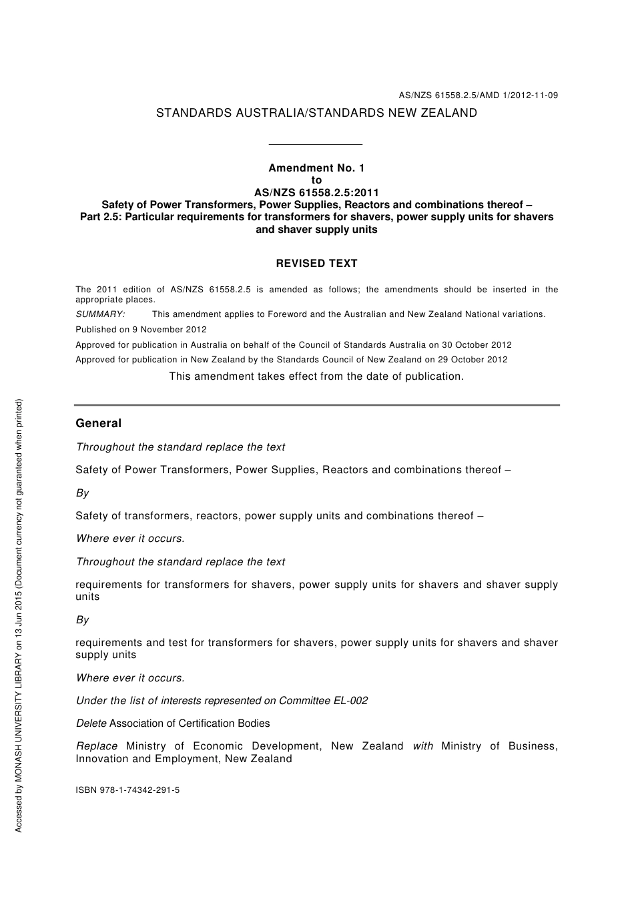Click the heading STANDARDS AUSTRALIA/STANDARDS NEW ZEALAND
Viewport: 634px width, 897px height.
316,113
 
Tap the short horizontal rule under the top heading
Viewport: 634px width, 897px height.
315,144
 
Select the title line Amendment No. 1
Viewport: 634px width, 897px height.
316,168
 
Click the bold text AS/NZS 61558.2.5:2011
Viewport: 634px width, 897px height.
316,193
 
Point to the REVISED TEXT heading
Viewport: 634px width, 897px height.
316,264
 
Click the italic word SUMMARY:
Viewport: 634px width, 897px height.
100,314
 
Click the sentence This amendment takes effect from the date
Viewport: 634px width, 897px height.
316,376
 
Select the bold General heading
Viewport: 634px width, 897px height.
99,423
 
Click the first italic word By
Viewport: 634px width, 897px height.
83,493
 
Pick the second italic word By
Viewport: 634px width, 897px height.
83,620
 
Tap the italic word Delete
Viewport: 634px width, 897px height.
91,723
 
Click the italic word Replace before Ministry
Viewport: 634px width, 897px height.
97,746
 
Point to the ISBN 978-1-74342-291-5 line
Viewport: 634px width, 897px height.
127,790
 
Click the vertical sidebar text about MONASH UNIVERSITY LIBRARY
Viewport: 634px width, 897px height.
19,615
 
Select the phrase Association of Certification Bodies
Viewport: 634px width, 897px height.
190,723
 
